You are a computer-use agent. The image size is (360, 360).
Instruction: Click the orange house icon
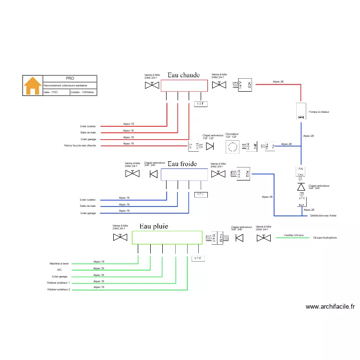click(33, 85)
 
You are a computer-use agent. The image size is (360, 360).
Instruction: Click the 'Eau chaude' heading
click(183, 75)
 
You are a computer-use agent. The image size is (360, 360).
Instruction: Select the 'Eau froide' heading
click(182, 164)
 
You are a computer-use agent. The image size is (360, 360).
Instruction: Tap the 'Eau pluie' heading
click(154, 226)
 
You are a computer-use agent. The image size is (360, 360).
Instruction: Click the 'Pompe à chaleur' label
click(319, 112)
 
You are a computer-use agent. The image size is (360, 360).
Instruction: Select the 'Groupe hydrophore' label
click(325, 238)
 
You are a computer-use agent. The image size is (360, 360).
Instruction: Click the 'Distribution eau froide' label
click(323, 216)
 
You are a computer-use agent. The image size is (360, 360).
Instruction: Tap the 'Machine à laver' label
click(59, 264)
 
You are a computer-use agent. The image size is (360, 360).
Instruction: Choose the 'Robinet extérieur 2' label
click(59, 289)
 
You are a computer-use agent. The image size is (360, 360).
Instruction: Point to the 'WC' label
click(60, 270)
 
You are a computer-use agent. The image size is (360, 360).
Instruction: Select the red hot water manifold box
click(183, 85)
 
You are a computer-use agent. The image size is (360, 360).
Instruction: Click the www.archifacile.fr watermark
click(330, 307)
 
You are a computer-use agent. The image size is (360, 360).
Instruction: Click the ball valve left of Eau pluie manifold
click(120, 238)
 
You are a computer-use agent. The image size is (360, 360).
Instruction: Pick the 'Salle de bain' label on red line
click(88, 132)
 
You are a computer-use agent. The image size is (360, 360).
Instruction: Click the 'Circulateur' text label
click(232, 134)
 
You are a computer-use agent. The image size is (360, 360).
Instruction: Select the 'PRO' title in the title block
click(70, 78)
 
